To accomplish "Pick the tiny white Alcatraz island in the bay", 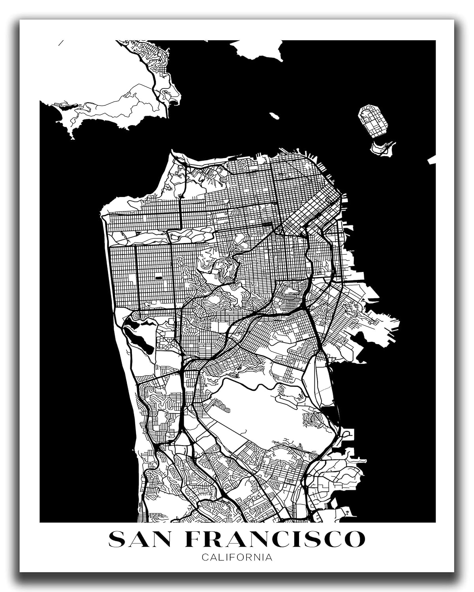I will click(273, 116).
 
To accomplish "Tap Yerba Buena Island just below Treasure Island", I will click(381, 148).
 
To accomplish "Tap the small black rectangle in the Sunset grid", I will click(159, 277).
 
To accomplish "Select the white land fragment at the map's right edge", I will click(432, 160).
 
